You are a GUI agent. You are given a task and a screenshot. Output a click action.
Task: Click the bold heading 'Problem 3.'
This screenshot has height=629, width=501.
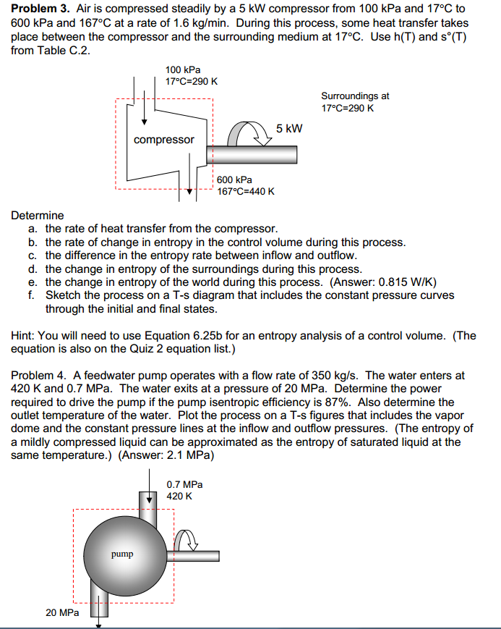pyautogui.click(x=40, y=9)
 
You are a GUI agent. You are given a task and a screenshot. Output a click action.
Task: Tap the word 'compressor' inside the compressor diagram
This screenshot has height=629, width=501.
pyautogui.click(x=164, y=139)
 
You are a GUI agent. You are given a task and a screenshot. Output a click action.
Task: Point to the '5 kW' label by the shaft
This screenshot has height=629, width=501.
pyautogui.click(x=289, y=129)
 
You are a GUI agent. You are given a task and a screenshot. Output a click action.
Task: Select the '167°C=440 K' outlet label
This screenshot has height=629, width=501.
pyautogui.click(x=245, y=191)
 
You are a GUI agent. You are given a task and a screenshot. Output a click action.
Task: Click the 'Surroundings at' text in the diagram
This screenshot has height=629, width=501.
pyautogui.click(x=355, y=96)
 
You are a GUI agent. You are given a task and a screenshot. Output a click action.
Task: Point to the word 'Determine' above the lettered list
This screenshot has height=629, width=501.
pyautogui.click(x=38, y=215)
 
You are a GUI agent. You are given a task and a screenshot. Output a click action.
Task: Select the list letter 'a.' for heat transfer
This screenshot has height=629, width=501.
pyautogui.click(x=33, y=228)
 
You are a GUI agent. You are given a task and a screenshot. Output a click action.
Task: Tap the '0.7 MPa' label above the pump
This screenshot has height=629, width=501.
pyautogui.click(x=184, y=484)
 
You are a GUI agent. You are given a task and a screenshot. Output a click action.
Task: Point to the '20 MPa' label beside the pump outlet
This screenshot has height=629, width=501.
pyautogui.click(x=62, y=612)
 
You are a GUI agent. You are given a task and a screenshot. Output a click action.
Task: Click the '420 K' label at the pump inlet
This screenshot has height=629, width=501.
pyautogui.click(x=179, y=496)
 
